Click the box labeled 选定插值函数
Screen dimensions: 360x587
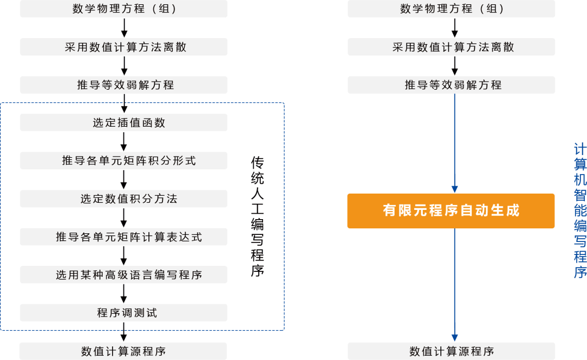click(x=123, y=123)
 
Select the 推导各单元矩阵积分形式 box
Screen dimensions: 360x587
click(x=123, y=161)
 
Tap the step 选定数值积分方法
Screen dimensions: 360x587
click(x=123, y=199)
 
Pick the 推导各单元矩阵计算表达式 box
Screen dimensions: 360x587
click(x=123, y=237)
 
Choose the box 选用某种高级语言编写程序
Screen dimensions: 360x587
click(x=123, y=275)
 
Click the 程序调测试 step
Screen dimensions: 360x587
click(x=123, y=313)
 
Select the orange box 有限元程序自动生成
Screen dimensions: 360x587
click(x=451, y=210)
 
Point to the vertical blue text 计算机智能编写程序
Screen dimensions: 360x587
click(x=579, y=210)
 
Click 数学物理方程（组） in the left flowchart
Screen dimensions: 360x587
click(x=123, y=9)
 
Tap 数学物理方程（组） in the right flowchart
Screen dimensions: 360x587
click(x=451, y=9)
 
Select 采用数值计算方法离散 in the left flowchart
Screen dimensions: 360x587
click(x=123, y=47)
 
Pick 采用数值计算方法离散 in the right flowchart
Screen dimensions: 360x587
click(x=451, y=47)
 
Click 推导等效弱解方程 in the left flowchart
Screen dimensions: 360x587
click(x=123, y=85)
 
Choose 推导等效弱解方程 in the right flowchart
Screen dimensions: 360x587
click(x=451, y=85)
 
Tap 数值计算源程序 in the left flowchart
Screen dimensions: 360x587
click(x=123, y=351)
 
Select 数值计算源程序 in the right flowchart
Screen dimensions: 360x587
click(x=451, y=351)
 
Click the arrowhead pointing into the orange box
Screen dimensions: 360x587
click(x=454, y=188)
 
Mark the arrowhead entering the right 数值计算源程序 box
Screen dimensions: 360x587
click(x=454, y=338)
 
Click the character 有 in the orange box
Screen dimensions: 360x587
click(x=389, y=210)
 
